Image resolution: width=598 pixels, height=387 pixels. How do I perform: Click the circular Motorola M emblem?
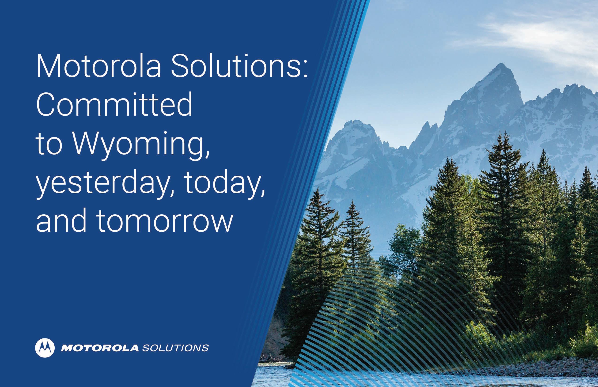coord(45,348)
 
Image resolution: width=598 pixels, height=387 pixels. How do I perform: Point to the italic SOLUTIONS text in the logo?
coord(175,348)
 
